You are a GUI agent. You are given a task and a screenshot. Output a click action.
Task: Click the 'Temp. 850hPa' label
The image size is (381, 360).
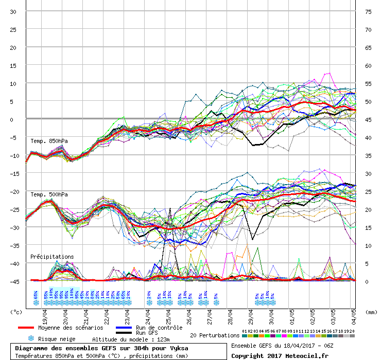tap(49, 141)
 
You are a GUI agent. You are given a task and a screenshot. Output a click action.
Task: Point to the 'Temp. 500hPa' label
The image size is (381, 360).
tap(49, 194)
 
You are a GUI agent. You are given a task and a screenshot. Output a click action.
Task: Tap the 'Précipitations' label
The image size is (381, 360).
tap(52, 256)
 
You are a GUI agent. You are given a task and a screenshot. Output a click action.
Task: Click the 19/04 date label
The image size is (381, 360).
tap(45, 314)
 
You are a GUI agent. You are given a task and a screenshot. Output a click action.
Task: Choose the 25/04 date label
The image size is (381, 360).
tap(168, 314)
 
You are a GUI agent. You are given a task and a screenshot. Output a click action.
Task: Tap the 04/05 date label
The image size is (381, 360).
tap(353, 314)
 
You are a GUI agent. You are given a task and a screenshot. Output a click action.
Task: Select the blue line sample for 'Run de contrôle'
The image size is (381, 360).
tap(124, 328)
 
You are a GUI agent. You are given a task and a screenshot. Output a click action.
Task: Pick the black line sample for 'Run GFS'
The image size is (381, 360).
tap(124, 333)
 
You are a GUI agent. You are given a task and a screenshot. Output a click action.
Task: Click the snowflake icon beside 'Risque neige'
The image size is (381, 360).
tap(31, 339)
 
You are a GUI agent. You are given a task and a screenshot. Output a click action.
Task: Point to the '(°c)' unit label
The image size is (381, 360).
tap(17, 312)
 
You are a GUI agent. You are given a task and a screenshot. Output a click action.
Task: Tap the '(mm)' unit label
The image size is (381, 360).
tap(371, 312)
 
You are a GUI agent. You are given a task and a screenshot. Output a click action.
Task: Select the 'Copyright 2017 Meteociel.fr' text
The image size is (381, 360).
tap(280, 355)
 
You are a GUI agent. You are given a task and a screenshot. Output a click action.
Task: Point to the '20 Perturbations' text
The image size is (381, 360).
tap(215, 335)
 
